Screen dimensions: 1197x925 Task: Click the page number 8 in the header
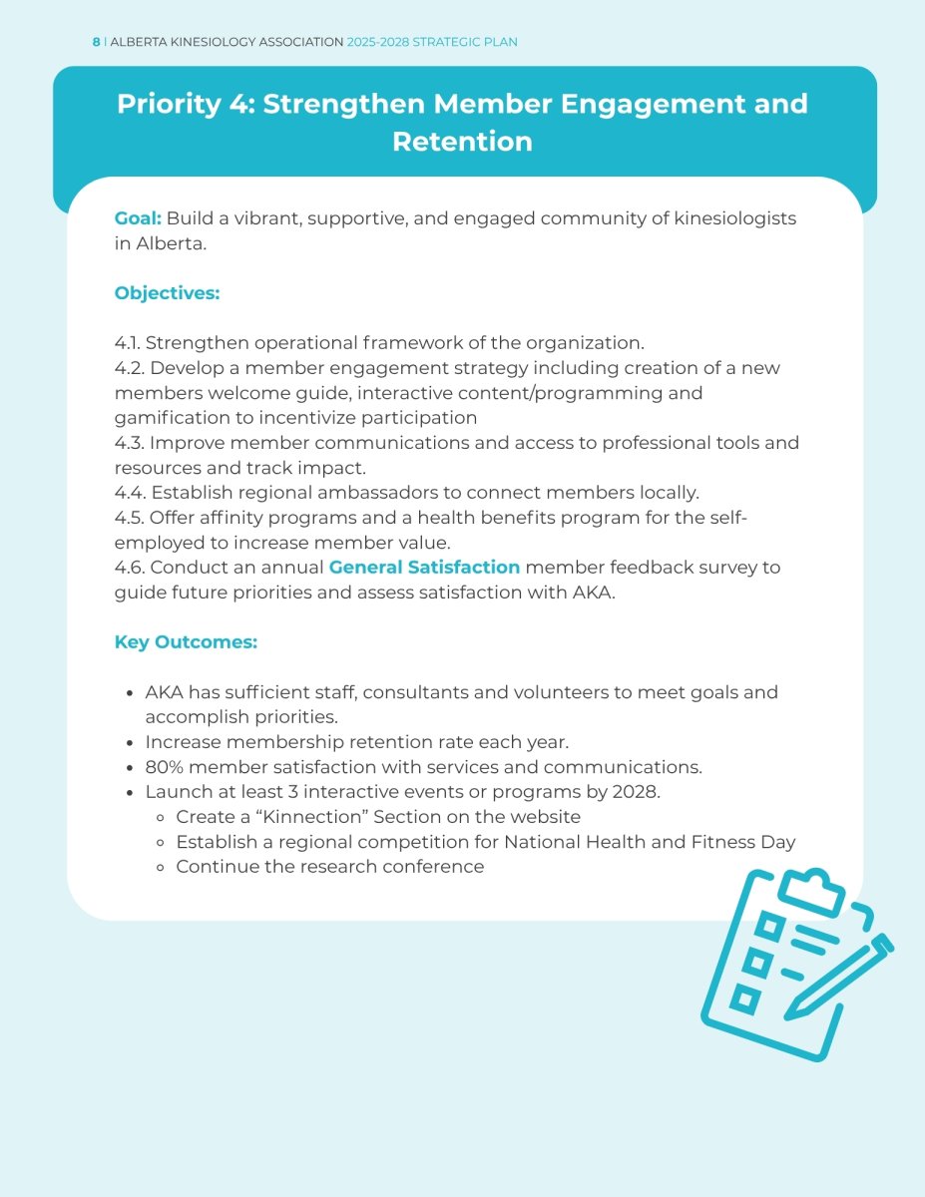coord(96,42)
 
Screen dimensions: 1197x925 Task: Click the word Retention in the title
coord(462,142)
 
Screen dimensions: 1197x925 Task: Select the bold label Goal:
coord(138,218)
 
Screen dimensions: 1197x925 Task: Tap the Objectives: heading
coord(167,293)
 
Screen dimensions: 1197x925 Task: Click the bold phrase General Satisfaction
coord(424,568)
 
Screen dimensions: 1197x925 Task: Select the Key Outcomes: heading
coord(186,642)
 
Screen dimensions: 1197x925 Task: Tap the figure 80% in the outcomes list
coord(165,767)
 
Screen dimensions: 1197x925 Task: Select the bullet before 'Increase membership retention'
coord(132,743)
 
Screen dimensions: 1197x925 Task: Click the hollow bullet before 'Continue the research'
coord(161,868)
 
